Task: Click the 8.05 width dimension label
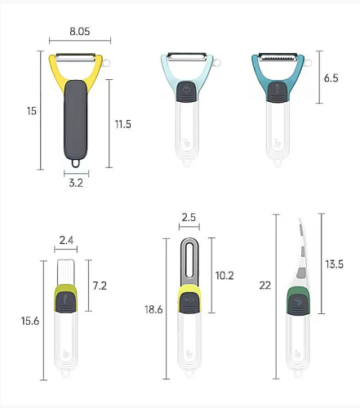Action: (x=79, y=31)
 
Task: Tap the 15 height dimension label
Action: (x=31, y=111)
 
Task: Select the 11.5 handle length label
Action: (x=122, y=124)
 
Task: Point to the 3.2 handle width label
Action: (x=76, y=183)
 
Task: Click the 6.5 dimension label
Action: (x=331, y=78)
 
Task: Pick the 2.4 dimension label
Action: (x=66, y=240)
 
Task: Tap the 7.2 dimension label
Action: (x=100, y=286)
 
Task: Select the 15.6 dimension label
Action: (x=30, y=321)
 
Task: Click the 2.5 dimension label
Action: (x=189, y=217)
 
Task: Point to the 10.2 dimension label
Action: (x=224, y=276)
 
